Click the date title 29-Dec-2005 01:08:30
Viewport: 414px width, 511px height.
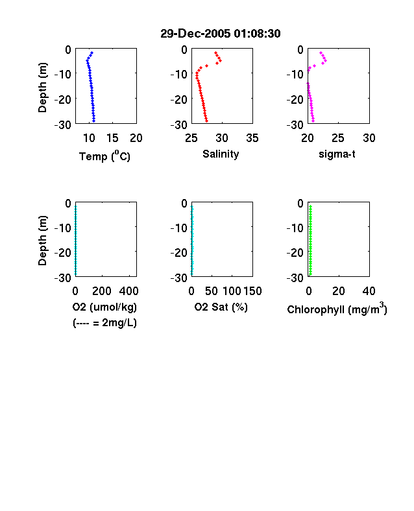point(221,34)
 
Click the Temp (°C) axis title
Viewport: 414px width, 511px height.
point(104,156)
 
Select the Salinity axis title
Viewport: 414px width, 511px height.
point(221,154)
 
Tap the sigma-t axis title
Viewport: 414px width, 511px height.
point(337,154)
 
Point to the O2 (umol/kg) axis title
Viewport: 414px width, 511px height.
point(104,307)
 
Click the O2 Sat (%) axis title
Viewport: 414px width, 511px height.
point(221,307)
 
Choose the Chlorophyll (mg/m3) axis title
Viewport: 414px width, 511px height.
point(337,308)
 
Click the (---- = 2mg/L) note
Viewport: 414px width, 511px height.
point(104,323)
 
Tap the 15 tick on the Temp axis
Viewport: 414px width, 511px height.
point(112,138)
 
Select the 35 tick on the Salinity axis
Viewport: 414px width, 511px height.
point(252,138)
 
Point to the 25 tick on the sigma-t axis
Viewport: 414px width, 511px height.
point(338,138)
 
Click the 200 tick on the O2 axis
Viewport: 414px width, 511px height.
point(102,291)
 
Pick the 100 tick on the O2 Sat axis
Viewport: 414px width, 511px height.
point(232,291)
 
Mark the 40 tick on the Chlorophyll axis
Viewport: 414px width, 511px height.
point(369,291)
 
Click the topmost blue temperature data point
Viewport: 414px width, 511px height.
point(92,53)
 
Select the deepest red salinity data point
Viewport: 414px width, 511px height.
point(206,121)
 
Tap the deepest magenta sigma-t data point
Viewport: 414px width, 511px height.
point(313,121)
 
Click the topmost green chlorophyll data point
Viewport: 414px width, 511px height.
point(311,207)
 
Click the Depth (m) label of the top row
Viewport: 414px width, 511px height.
point(42,88)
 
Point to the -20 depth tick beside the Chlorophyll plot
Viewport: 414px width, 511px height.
point(295,252)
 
